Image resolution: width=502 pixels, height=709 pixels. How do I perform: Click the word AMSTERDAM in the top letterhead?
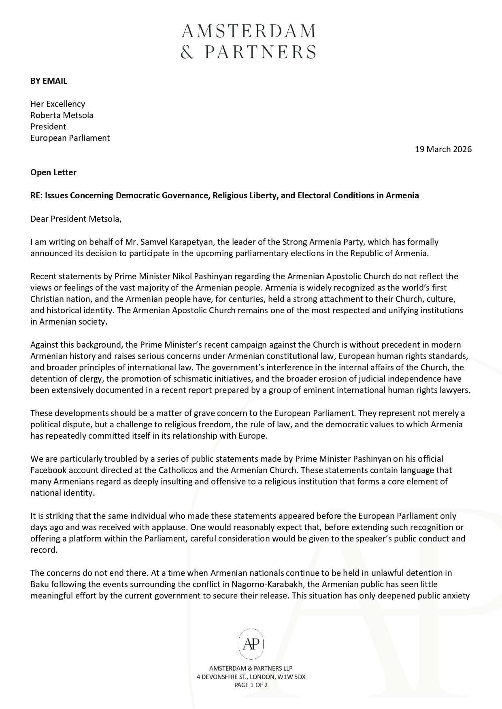pyautogui.click(x=248, y=31)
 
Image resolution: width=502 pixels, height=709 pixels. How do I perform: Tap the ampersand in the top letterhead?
pyautogui.click(x=187, y=52)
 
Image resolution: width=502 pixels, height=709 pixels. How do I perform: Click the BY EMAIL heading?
pyautogui.click(x=49, y=81)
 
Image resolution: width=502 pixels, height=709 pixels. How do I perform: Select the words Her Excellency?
pyautogui.click(x=58, y=104)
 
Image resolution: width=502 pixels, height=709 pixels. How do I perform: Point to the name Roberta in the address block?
pyautogui.click(x=44, y=115)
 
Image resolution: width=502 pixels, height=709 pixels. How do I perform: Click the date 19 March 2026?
pyautogui.click(x=443, y=149)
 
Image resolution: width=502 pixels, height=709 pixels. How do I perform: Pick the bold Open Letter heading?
pyautogui.click(x=53, y=172)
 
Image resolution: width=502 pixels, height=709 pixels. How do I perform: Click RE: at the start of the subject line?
pyautogui.click(x=36, y=195)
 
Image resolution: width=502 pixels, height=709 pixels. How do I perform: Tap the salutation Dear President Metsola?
pyautogui.click(x=76, y=219)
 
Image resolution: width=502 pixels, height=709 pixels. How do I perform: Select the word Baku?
pyautogui.click(x=39, y=584)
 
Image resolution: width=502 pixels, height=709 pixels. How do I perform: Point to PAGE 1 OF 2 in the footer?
pyautogui.click(x=251, y=685)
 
